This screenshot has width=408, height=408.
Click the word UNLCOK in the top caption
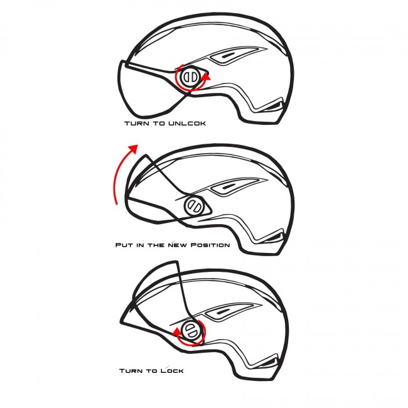[187, 123]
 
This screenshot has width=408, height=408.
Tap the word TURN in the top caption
[137, 123]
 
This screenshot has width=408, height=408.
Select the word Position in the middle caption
[210, 245]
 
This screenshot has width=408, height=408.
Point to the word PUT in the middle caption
[124, 245]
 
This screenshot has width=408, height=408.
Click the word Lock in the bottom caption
[172, 370]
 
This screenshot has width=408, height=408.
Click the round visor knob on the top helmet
[190, 77]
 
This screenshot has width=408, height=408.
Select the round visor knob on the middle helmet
[194, 205]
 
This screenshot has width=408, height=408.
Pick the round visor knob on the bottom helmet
[192, 331]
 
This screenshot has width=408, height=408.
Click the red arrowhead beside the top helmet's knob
[207, 77]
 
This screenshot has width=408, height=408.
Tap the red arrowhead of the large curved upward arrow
[134, 149]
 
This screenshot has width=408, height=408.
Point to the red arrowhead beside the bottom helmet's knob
[177, 332]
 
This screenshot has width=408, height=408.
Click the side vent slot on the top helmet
[228, 56]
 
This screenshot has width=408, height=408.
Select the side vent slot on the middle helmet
[229, 186]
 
